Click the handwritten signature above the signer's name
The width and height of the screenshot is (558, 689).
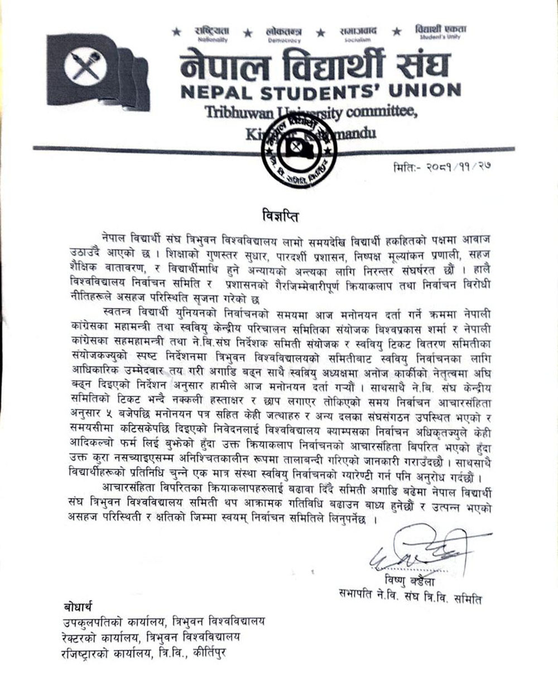[x=415, y=551]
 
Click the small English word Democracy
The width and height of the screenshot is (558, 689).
[x=284, y=41]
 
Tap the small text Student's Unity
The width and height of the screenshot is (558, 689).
[x=441, y=37]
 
